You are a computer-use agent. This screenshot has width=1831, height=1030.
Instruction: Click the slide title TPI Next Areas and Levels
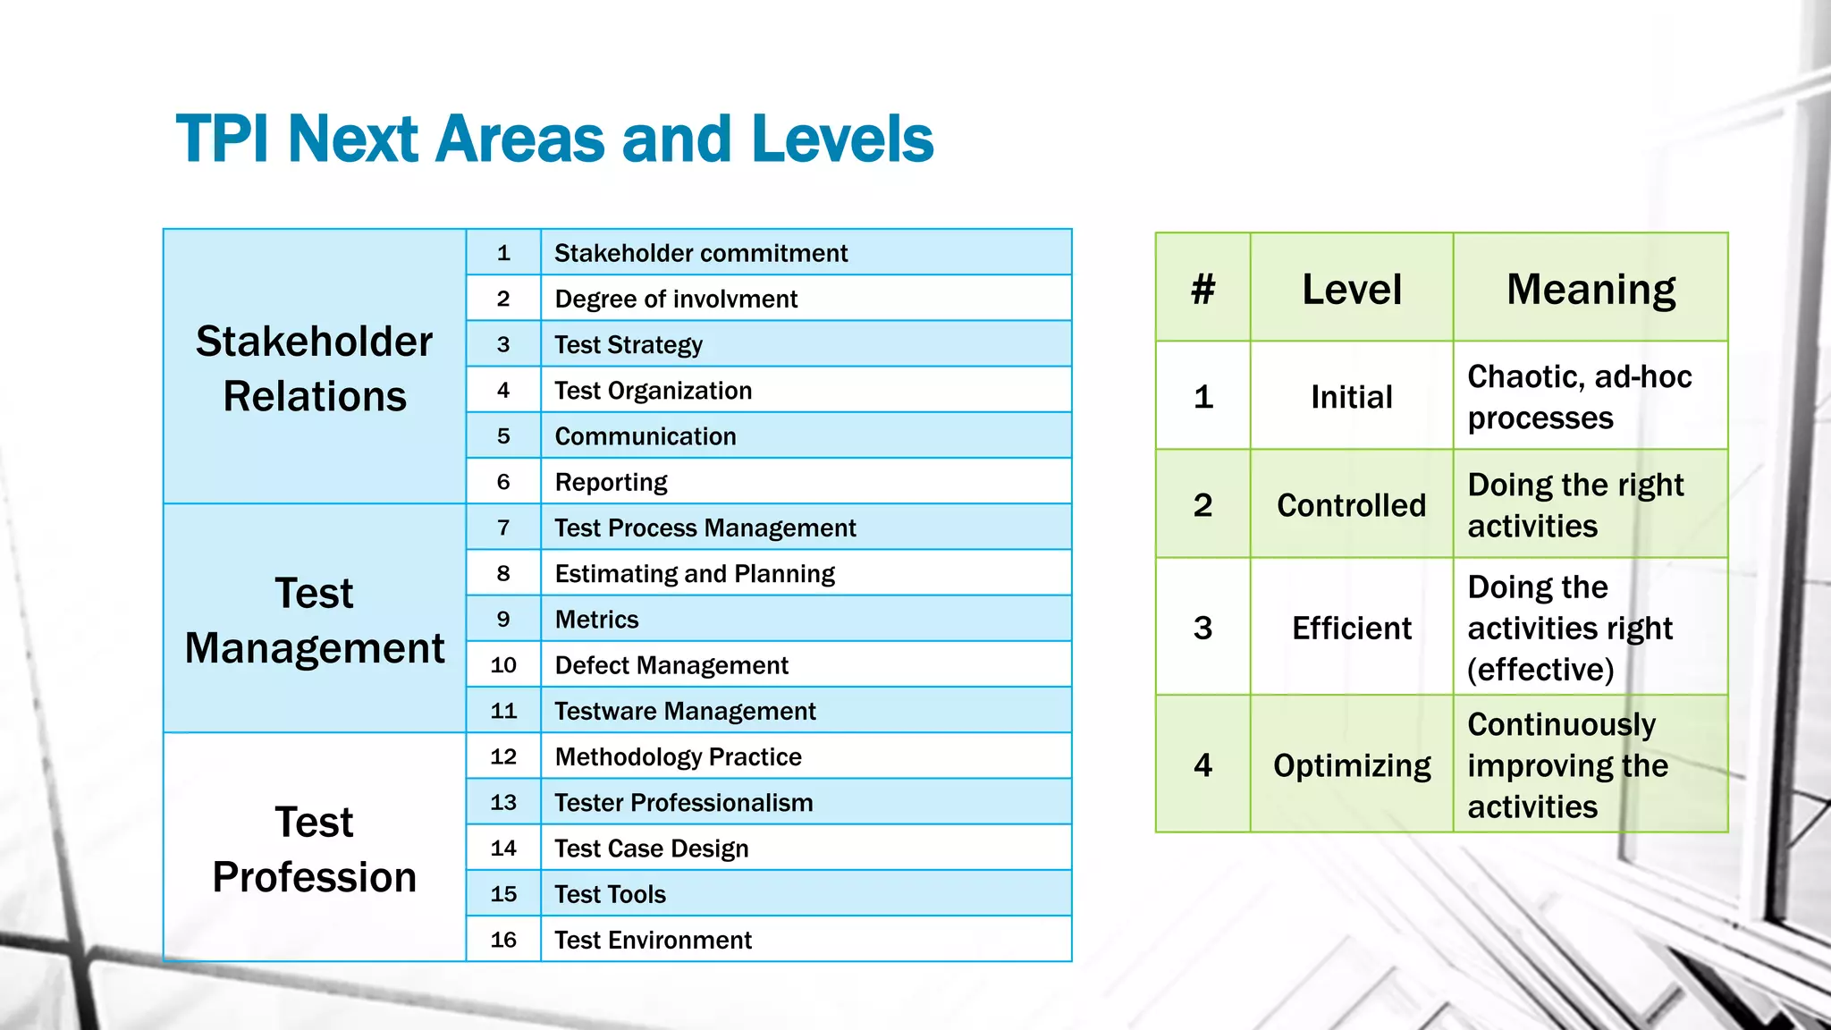(x=554, y=139)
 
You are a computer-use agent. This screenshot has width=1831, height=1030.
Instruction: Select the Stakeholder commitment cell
(x=701, y=253)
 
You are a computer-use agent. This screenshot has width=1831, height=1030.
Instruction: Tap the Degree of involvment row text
(x=676, y=299)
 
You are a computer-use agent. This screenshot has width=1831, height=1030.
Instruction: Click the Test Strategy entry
(x=629, y=344)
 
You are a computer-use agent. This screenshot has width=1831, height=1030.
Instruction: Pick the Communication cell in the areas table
(x=645, y=436)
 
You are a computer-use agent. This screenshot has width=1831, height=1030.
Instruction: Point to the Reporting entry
(x=611, y=482)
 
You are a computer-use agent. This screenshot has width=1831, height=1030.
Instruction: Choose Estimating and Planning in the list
(x=695, y=573)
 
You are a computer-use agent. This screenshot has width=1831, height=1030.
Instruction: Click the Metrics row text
(x=596, y=620)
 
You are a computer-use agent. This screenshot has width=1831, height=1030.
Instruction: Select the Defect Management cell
(x=671, y=665)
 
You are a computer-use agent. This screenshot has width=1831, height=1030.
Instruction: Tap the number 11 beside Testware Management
(x=503, y=711)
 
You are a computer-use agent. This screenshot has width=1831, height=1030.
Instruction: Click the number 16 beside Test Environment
(x=503, y=940)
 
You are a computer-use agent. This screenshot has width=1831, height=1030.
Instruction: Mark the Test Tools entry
(x=610, y=894)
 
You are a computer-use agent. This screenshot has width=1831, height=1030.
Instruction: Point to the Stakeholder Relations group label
(x=315, y=368)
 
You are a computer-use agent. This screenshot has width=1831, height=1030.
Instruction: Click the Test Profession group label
(x=315, y=848)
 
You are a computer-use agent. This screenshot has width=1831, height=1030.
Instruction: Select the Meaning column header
(x=1591, y=289)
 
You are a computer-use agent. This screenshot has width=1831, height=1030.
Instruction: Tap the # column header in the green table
(x=1202, y=289)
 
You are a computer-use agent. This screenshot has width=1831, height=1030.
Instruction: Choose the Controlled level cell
(x=1351, y=505)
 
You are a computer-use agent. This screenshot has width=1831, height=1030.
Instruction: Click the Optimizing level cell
(x=1351, y=765)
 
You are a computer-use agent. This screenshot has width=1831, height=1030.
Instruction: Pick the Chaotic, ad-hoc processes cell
(x=1579, y=397)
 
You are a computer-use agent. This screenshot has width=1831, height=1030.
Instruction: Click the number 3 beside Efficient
(x=1202, y=628)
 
